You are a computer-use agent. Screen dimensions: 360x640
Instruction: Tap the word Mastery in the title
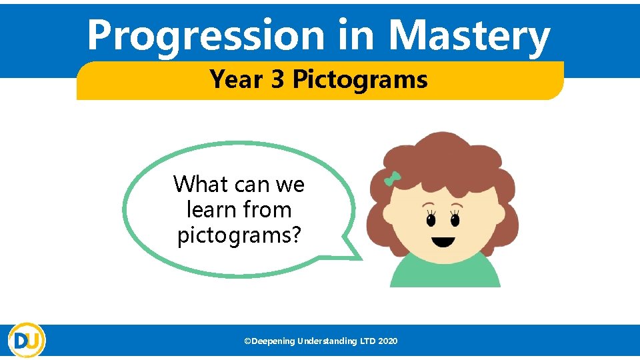(469, 36)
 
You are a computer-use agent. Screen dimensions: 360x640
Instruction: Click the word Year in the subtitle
(236, 79)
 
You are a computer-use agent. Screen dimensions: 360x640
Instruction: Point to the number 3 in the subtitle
(278, 79)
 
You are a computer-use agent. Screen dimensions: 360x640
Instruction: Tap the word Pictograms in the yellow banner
(360, 79)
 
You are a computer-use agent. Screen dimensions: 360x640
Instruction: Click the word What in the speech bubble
(200, 183)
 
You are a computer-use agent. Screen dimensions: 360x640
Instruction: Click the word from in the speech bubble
(267, 210)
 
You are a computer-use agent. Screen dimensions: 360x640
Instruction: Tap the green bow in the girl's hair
(392, 179)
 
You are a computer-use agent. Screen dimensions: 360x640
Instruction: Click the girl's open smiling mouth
(443, 241)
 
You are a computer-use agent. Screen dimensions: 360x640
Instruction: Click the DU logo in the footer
(27, 340)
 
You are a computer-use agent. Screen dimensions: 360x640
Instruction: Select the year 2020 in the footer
(387, 341)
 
